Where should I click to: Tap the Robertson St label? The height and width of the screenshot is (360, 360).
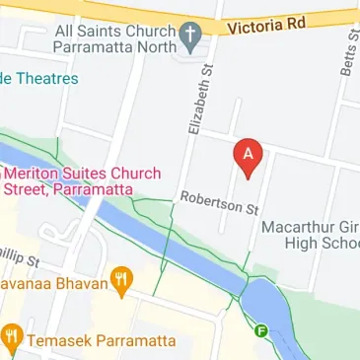tap(218, 203)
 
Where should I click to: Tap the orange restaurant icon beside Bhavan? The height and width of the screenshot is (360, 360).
tap(122, 280)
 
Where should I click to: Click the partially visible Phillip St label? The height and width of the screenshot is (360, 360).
tap(19, 256)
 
